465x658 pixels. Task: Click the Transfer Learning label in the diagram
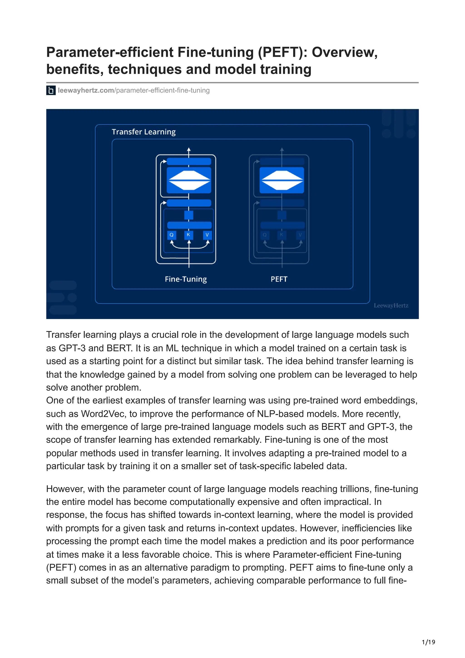point(143,132)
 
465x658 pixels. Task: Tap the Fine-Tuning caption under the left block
point(186,279)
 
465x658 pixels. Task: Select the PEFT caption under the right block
point(279,279)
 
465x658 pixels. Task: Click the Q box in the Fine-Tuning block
point(171,235)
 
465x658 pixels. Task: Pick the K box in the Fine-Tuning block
point(188,235)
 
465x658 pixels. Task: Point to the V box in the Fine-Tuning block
point(207,235)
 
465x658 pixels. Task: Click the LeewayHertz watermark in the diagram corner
point(391,306)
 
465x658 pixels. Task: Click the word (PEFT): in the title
point(282,52)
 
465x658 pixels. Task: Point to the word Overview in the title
point(344,52)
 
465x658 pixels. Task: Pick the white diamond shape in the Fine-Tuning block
point(189,180)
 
